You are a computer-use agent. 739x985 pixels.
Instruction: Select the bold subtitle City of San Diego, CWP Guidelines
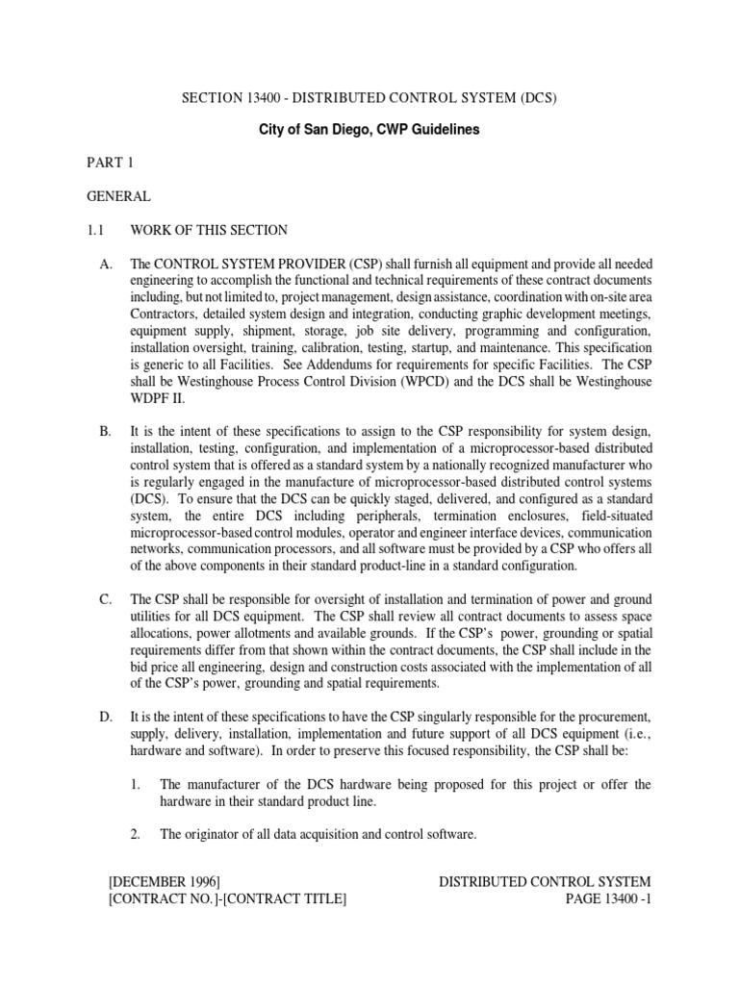369,129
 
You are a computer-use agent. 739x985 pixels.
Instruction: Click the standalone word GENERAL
118,196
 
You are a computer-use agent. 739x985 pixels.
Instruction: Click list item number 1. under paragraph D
136,785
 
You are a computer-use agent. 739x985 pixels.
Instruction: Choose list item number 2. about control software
136,835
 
